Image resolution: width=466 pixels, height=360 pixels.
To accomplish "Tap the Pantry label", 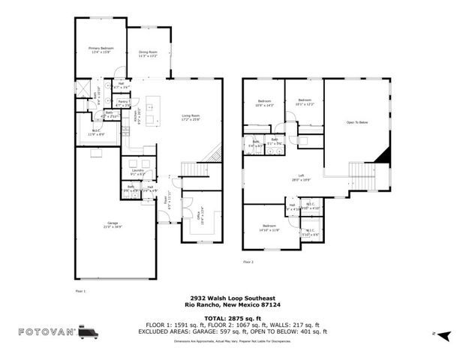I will point(123,103).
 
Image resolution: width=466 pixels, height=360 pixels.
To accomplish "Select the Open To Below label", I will point(356,122).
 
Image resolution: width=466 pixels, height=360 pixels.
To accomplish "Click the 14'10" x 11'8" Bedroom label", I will point(269,228).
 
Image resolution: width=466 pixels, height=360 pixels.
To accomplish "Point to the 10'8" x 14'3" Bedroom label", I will point(264,103).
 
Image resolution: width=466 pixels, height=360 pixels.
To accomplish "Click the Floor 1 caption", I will point(81,289).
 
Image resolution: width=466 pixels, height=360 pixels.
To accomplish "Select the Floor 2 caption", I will point(248,262).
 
